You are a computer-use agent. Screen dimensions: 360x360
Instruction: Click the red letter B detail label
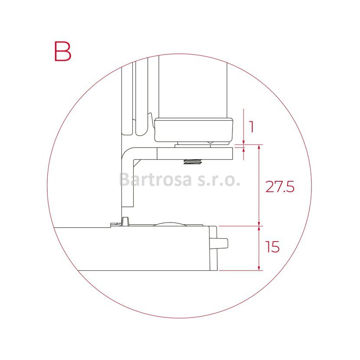[x=63, y=51]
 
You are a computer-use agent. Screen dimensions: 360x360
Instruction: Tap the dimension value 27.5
[x=280, y=187]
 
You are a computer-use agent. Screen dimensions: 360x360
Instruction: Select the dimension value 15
[x=272, y=247]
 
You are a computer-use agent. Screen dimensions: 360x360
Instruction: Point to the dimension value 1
[x=252, y=127]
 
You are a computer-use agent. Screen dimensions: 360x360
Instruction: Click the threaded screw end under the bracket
[x=193, y=162]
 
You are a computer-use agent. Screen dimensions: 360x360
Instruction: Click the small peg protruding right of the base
[x=222, y=243]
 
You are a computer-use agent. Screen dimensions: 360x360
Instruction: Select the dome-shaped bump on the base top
[x=169, y=224]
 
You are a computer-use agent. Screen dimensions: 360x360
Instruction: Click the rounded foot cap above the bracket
[x=194, y=130]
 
